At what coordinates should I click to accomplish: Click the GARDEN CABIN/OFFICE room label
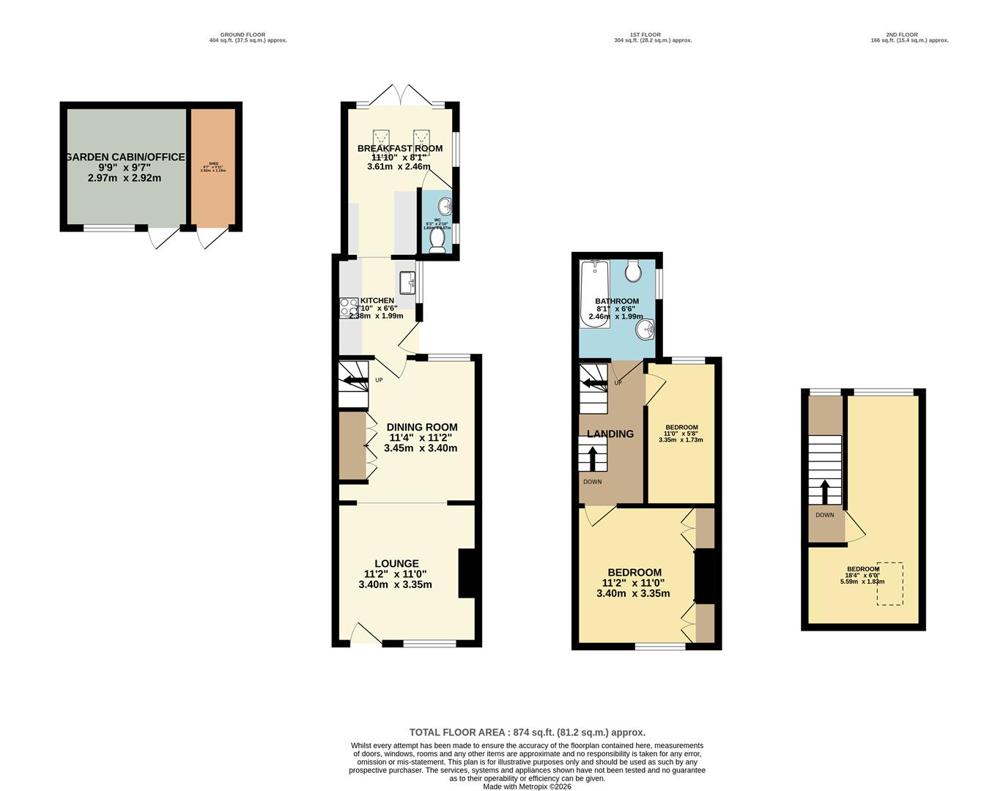(x=125, y=157)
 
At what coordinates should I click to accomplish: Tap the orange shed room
(x=213, y=167)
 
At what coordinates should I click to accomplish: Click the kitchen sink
(x=407, y=281)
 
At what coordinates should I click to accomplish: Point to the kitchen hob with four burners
(x=349, y=308)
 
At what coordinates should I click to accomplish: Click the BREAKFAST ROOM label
(x=400, y=148)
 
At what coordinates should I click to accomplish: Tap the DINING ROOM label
(x=422, y=427)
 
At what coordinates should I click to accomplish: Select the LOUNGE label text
(x=396, y=564)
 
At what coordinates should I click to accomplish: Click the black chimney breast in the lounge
(x=467, y=573)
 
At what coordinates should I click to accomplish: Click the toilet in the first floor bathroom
(x=633, y=271)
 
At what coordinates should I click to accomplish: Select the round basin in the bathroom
(x=645, y=330)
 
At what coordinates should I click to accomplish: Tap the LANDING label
(x=610, y=434)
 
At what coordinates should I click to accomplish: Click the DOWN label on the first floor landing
(x=593, y=482)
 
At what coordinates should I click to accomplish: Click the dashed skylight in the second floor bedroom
(x=890, y=584)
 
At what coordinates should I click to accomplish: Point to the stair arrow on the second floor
(x=825, y=491)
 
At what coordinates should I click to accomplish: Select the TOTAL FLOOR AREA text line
(x=527, y=732)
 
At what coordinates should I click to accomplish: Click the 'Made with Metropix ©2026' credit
(x=527, y=787)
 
